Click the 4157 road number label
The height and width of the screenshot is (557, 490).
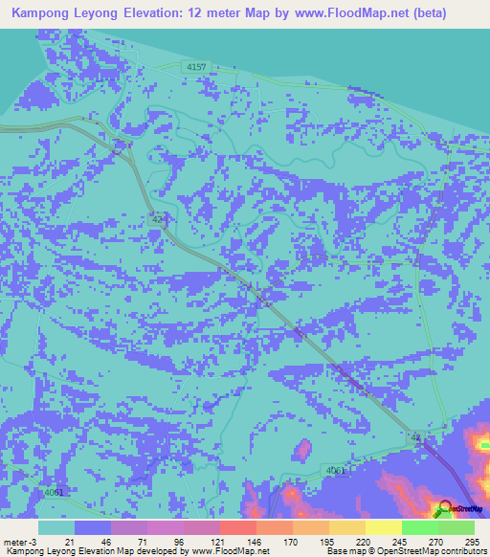coord(196,66)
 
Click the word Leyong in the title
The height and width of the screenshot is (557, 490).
coord(107,14)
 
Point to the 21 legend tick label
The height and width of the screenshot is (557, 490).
coord(69,542)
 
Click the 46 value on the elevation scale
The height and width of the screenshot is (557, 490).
coord(105,542)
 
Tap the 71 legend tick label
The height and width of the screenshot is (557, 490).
coord(142,542)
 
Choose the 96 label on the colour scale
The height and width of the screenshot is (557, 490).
coord(178,542)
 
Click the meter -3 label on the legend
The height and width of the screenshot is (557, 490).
coord(21,542)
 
